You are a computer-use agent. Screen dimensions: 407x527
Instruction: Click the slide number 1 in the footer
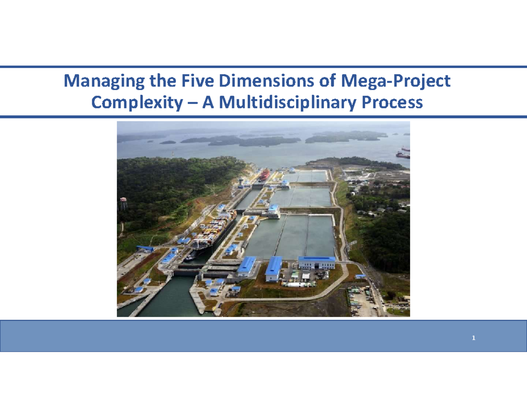[x=473, y=338]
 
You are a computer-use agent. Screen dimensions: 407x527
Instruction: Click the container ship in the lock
[x=213, y=228]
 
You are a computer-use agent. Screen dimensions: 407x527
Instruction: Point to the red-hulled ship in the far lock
[x=264, y=175]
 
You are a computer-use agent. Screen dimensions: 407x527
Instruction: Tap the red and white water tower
[x=123, y=203]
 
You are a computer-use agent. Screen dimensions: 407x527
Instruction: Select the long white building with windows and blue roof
[x=316, y=262]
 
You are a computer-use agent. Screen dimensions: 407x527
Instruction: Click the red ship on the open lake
[x=402, y=155]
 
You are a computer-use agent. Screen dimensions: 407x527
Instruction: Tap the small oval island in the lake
[x=167, y=142]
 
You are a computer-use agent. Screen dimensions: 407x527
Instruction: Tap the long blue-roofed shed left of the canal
[x=145, y=249]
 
